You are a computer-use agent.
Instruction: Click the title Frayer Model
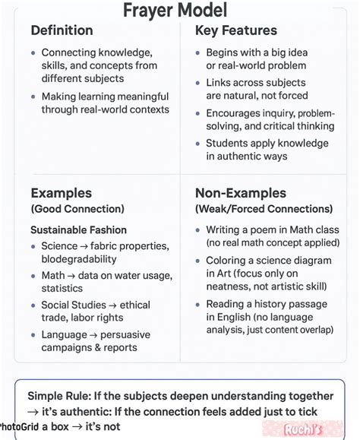(x=179, y=11)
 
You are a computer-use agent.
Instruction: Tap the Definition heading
(x=62, y=30)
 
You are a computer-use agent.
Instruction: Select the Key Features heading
(x=236, y=30)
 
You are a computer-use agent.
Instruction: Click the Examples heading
(x=61, y=193)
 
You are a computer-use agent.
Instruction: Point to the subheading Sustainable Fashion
(x=78, y=229)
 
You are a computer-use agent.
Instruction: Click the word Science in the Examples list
(x=59, y=245)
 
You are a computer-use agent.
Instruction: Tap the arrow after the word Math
(x=73, y=275)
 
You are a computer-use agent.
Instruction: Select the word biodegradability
(x=84, y=258)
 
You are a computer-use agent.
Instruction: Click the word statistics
(x=62, y=288)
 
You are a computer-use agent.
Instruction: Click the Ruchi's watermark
(x=302, y=429)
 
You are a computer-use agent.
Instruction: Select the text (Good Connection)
(x=77, y=209)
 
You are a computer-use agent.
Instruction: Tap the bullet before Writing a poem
(x=197, y=230)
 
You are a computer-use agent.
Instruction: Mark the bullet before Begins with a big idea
(x=197, y=53)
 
